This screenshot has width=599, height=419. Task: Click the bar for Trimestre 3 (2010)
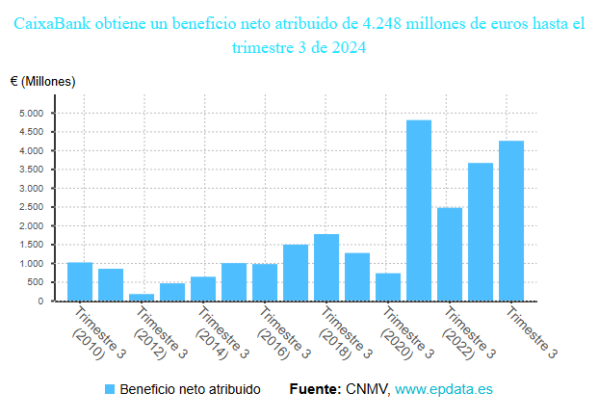80,281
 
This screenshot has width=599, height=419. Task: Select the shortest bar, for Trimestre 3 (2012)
142,297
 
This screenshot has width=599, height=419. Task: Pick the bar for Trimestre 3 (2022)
450,254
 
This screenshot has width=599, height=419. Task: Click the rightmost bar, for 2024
511,221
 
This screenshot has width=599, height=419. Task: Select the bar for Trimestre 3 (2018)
326,267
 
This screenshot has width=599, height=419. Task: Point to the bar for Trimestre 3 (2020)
388,287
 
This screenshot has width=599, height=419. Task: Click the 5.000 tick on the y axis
32,114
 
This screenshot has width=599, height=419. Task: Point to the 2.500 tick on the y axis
32,207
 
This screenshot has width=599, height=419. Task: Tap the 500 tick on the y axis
35,282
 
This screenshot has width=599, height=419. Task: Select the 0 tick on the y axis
40,301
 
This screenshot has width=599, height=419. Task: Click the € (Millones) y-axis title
42,81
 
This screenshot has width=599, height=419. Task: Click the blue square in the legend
109,390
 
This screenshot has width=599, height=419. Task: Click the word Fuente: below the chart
315,390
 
